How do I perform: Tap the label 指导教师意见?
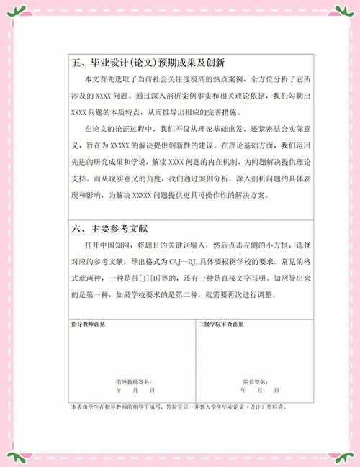[x=89, y=325]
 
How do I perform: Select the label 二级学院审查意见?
[x=222, y=325]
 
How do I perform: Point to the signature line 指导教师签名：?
[x=133, y=381]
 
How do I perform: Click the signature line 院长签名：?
[x=255, y=381]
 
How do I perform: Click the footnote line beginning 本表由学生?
[x=180, y=407]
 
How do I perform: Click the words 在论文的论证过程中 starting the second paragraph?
[x=118, y=130]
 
